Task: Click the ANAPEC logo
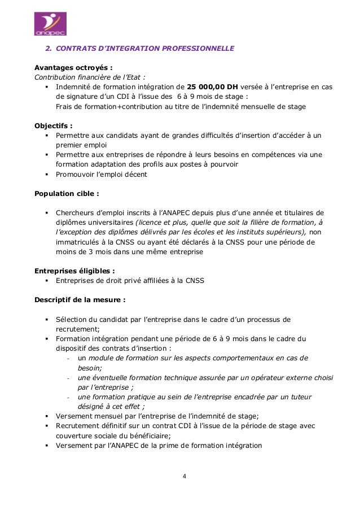point(50,24)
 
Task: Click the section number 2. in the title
point(49,49)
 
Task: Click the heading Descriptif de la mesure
point(80,299)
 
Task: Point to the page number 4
point(184,476)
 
